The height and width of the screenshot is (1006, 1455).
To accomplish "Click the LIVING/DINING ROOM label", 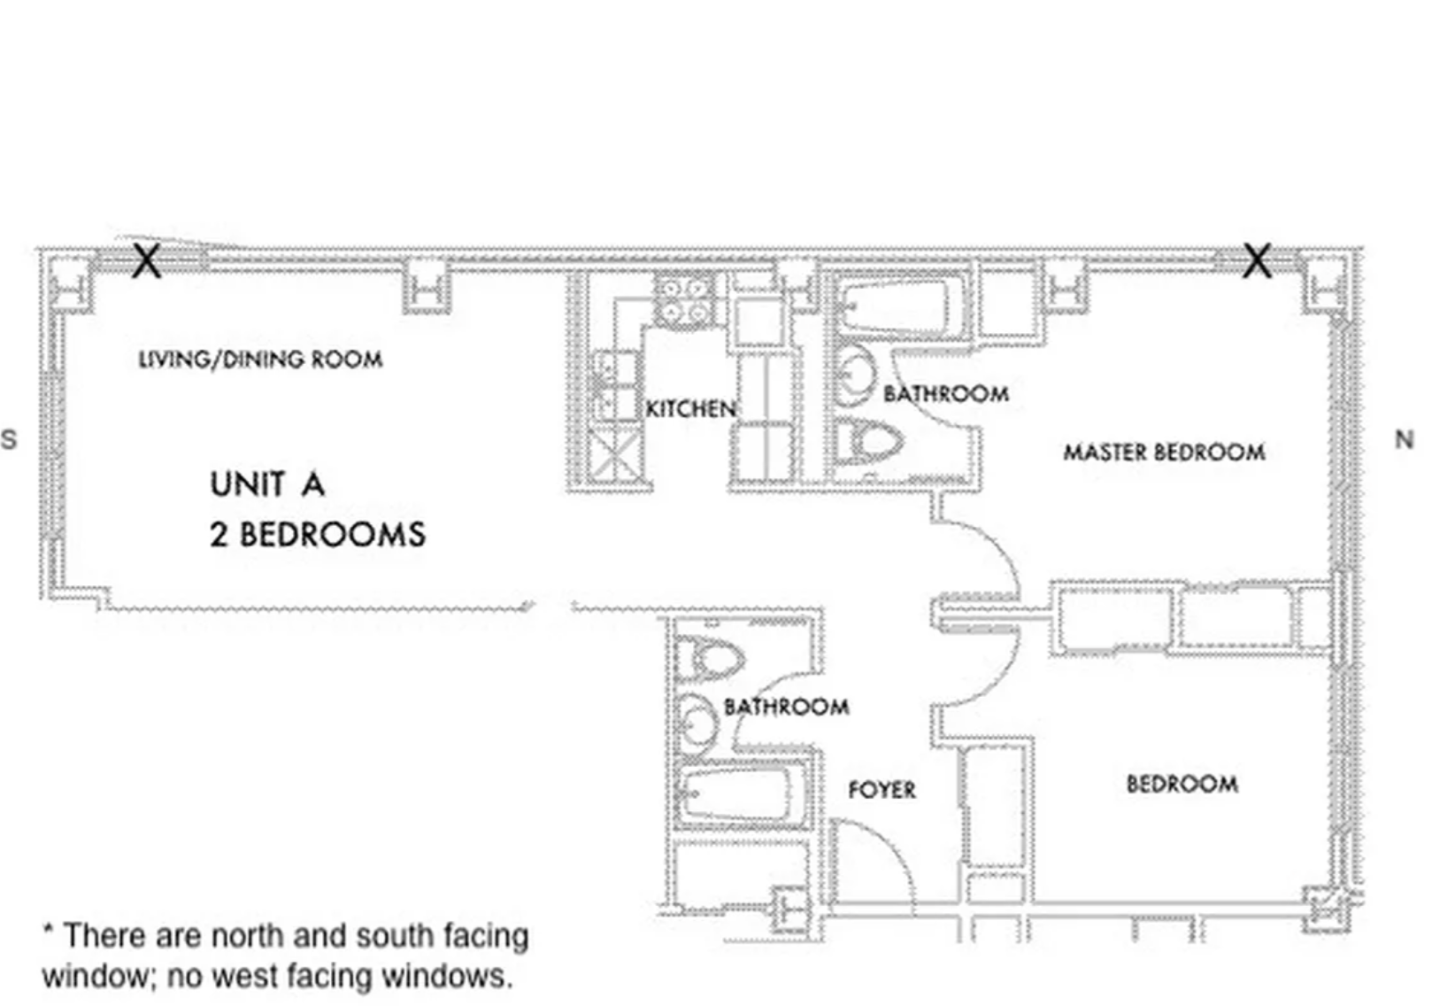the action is (x=260, y=360).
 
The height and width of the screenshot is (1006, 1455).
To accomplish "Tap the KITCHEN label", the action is (x=691, y=409).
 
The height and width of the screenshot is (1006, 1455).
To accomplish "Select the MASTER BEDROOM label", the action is (x=1164, y=453).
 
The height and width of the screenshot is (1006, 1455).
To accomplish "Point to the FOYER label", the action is (x=882, y=790).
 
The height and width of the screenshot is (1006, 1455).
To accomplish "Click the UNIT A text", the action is (x=267, y=484).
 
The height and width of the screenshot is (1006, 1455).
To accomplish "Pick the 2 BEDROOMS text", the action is (x=318, y=535).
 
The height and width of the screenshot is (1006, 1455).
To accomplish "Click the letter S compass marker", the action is (x=9, y=440).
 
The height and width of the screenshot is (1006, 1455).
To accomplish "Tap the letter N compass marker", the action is (x=1405, y=440).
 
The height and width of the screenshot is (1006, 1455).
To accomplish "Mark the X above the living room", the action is (x=146, y=261).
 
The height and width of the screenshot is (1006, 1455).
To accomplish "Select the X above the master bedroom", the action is (x=1257, y=260).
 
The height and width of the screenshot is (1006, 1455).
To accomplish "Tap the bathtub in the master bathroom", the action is (x=897, y=306).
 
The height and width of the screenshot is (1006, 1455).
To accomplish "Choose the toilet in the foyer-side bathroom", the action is (x=710, y=659).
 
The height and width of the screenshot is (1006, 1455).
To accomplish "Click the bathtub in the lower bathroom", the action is (x=742, y=796).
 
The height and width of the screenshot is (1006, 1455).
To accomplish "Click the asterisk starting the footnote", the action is (x=48, y=928).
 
